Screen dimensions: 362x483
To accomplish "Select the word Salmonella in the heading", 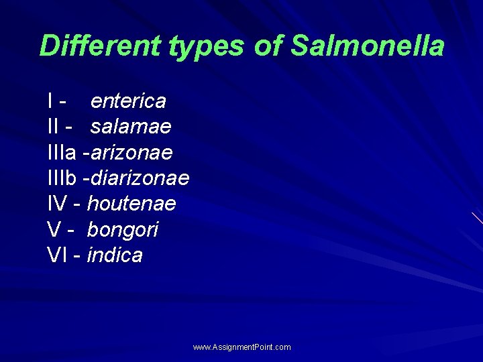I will pyautogui.click(x=368, y=46).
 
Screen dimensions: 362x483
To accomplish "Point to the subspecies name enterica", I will pyautogui.click(x=128, y=101).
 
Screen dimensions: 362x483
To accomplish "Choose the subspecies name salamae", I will pyautogui.click(x=131, y=127).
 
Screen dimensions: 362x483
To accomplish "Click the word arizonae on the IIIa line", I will pyautogui.click(x=131, y=153).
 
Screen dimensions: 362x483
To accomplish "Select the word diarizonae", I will pyautogui.click(x=140, y=178).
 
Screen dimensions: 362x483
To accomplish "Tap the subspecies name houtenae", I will pyautogui.click(x=131, y=204).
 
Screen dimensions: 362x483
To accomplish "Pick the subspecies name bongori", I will pyautogui.click(x=123, y=230).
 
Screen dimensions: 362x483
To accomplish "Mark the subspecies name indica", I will pyautogui.click(x=115, y=255).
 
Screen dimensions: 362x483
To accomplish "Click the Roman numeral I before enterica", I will pyautogui.click(x=51, y=101).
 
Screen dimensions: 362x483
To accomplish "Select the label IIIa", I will pyautogui.click(x=62, y=153).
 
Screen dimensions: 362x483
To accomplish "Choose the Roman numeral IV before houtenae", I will pyautogui.click(x=57, y=204).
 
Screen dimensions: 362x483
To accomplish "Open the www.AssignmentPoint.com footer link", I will pyautogui.click(x=241, y=347).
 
